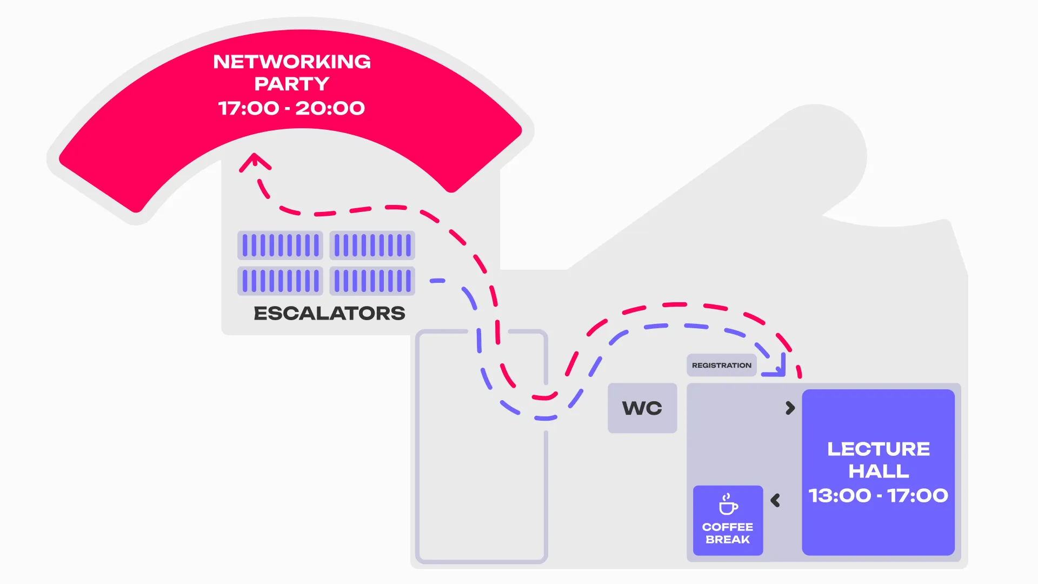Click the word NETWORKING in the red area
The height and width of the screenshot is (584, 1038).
(292, 62)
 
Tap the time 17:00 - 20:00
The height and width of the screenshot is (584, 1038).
(292, 108)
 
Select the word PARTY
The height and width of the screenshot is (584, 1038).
(292, 84)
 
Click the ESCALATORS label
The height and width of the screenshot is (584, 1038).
(329, 313)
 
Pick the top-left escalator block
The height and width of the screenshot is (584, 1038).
(280, 245)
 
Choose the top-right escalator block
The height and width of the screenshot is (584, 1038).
(372, 245)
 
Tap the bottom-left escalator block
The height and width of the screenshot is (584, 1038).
(280, 281)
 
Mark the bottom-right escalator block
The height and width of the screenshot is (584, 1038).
(372, 281)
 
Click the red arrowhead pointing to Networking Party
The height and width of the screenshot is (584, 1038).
(255, 161)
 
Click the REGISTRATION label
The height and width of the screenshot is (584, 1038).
(721, 366)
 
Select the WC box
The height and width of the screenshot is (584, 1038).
(642, 408)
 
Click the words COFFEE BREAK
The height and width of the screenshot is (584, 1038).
(728, 533)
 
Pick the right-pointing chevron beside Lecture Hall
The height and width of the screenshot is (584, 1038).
(790, 408)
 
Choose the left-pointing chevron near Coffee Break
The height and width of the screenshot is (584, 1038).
(775, 500)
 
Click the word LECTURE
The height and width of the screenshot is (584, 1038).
(879, 449)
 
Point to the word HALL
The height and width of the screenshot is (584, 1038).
(879, 472)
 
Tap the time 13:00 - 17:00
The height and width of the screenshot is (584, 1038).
(879, 495)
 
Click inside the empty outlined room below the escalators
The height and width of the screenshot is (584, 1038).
(481, 487)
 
